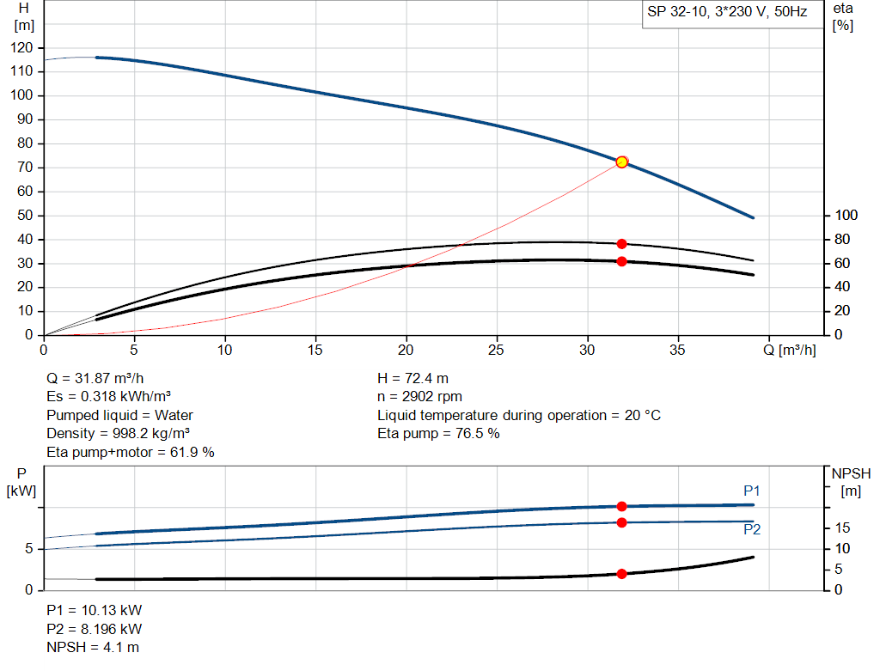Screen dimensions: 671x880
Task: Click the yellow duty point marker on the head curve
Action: click(621, 162)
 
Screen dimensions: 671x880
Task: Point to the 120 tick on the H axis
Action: click(22, 48)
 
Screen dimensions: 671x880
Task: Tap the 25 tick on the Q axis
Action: click(497, 350)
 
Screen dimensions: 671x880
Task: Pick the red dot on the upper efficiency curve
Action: click(621, 244)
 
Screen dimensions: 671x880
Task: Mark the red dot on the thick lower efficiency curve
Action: click(621, 261)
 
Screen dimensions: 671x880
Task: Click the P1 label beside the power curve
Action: click(752, 491)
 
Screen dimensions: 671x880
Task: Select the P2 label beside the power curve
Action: click(752, 530)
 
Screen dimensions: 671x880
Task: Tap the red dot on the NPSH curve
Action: click(621, 574)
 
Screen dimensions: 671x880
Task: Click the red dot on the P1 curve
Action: click(621, 507)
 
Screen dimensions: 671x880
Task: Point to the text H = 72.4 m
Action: click(413, 378)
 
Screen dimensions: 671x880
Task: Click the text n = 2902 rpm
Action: click(420, 397)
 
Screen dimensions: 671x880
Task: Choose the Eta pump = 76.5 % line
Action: click(438, 433)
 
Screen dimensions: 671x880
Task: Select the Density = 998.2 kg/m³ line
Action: click(118, 433)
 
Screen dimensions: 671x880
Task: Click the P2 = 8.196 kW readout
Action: click(95, 628)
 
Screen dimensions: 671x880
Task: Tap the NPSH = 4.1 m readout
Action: click(93, 646)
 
